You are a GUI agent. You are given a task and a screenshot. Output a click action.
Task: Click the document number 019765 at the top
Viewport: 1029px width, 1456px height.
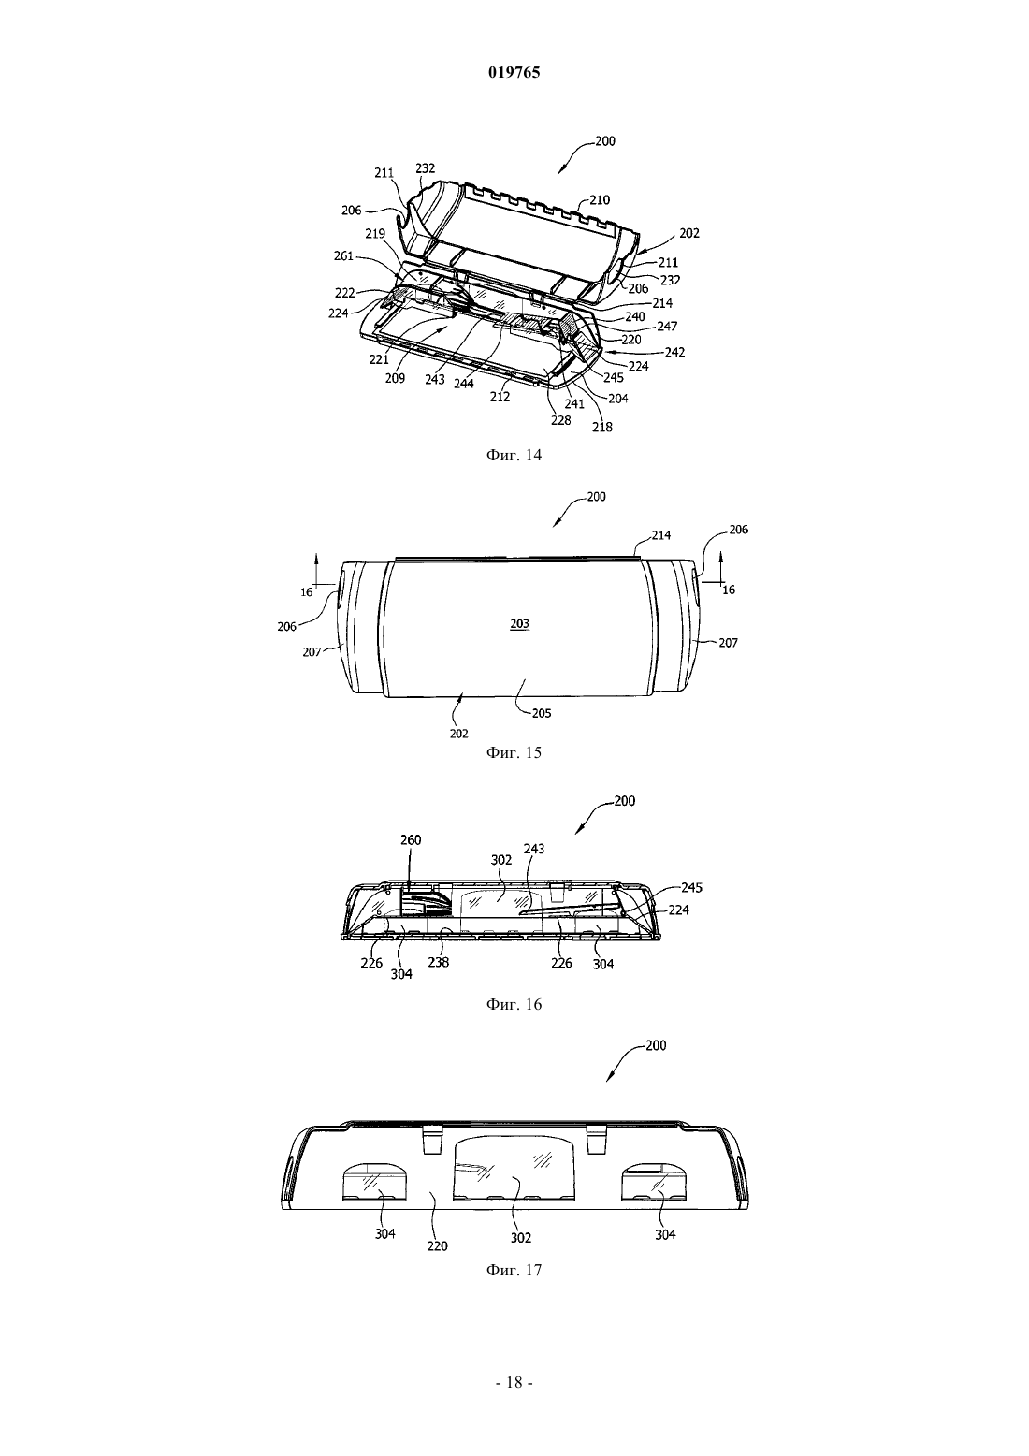click(x=514, y=72)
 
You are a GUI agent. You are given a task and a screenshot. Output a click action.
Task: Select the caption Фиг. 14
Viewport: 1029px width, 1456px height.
click(x=514, y=455)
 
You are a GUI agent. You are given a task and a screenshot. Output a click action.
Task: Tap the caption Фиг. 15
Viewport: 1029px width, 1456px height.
click(x=514, y=752)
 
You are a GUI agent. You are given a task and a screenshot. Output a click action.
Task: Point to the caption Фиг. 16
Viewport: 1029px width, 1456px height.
click(x=514, y=1004)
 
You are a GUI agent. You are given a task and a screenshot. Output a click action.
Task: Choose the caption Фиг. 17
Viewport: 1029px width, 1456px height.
click(x=514, y=1270)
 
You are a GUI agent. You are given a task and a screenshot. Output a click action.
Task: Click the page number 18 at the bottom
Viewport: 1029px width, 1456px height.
click(x=514, y=1382)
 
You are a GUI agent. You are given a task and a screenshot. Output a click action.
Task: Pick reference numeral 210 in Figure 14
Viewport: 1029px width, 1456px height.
click(x=600, y=199)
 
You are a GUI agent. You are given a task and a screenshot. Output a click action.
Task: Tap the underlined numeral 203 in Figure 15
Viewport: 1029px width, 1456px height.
click(x=520, y=624)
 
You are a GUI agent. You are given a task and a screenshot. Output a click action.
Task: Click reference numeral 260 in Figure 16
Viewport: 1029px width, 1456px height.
click(x=411, y=839)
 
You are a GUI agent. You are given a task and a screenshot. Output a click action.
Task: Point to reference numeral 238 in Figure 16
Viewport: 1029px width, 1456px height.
click(x=439, y=963)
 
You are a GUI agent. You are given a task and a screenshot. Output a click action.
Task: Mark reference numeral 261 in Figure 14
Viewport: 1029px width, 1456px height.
click(x=343, y=256)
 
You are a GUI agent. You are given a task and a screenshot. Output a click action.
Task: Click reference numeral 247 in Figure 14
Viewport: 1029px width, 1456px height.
click(x=668, y=327)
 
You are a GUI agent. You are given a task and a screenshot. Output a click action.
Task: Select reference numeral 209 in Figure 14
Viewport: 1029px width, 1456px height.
click(x=395, y=378)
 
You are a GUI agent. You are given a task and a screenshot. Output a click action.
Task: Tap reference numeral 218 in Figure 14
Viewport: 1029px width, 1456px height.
click(x=602, y=427)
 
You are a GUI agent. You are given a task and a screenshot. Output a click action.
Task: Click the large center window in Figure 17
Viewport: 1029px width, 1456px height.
click(x=514, y=1170)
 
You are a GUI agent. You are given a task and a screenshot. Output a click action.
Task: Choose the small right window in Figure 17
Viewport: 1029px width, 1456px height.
click(x=654, y=1183)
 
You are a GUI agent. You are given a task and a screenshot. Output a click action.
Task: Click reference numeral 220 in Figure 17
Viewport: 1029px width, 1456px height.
click(x=437, y=1246)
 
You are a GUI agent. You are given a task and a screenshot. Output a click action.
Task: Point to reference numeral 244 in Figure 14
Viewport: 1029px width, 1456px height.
click(x=464, y=384)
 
